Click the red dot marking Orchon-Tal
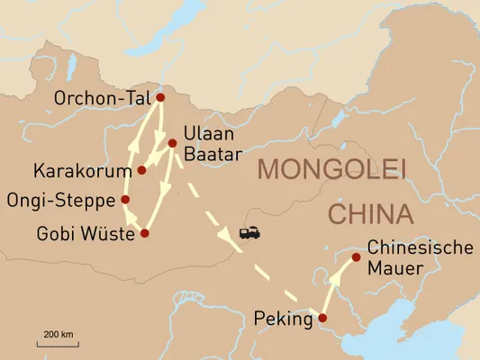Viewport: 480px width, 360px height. pos(160,98)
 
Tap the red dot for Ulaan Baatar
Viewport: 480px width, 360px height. pos(172,142)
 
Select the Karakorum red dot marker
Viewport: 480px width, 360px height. pos(141,169)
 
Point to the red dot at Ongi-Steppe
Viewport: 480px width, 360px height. pos(125,200)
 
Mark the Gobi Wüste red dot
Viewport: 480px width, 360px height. pos(145,233)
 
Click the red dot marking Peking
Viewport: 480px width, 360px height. pos(322,318)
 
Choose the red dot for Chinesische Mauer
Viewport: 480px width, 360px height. pos(356,257)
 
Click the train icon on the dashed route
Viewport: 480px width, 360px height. pos(249,232)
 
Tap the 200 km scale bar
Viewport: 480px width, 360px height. pos(57,343)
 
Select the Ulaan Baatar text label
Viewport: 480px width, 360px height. pos(212,144)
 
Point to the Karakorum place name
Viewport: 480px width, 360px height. pos(82,170)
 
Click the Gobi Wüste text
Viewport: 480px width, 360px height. pos(86,234)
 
